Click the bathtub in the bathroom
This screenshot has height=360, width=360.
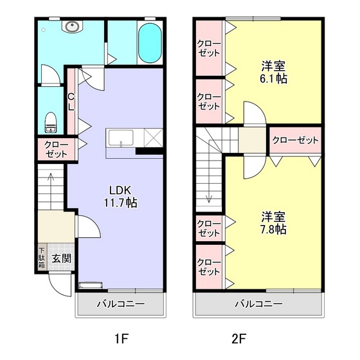(x=150, y=42)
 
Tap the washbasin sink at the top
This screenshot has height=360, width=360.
(x=72, y=26)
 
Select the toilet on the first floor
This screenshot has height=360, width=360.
(x=51, y=122)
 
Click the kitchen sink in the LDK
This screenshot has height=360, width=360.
(x=121, y=138)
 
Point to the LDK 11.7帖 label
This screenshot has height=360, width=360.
(x=121, y=197)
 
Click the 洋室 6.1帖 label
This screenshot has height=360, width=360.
(x=273, y=72)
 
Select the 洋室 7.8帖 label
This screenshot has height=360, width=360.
(x=273, y=222)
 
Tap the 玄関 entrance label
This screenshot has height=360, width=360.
(x=61, y=258)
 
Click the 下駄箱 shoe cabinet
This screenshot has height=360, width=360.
(x=42, y=258)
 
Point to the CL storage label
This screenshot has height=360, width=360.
(x=71, y=102)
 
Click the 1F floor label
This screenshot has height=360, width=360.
(x=122, y=339)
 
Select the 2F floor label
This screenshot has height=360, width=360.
(x=239, y=339)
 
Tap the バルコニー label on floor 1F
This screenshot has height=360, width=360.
(x=121, y=303)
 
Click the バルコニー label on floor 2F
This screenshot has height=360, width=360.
(x=258, y=303)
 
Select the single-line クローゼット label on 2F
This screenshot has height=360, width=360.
(x=295, y=140)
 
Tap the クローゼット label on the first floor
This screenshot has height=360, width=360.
(x=57, y=149)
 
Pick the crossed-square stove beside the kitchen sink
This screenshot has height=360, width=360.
(x=154, y=138)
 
